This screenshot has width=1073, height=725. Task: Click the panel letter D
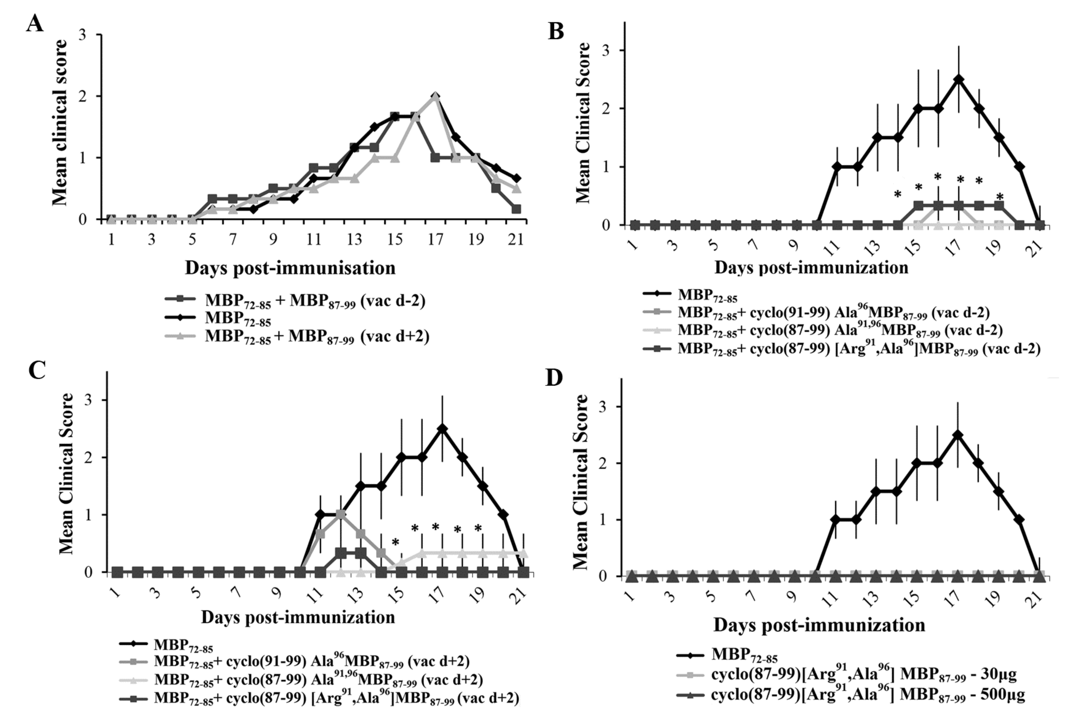point(554,378)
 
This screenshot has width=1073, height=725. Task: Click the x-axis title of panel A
point(290,268)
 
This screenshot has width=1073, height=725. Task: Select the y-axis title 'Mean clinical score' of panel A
point(60,123)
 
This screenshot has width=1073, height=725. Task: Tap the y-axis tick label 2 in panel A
point(83,96)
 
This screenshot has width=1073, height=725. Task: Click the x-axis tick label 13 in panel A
point(355,240)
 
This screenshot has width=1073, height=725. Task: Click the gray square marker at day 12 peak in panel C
point(341,514)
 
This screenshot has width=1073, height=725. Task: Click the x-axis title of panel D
point(819,625)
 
